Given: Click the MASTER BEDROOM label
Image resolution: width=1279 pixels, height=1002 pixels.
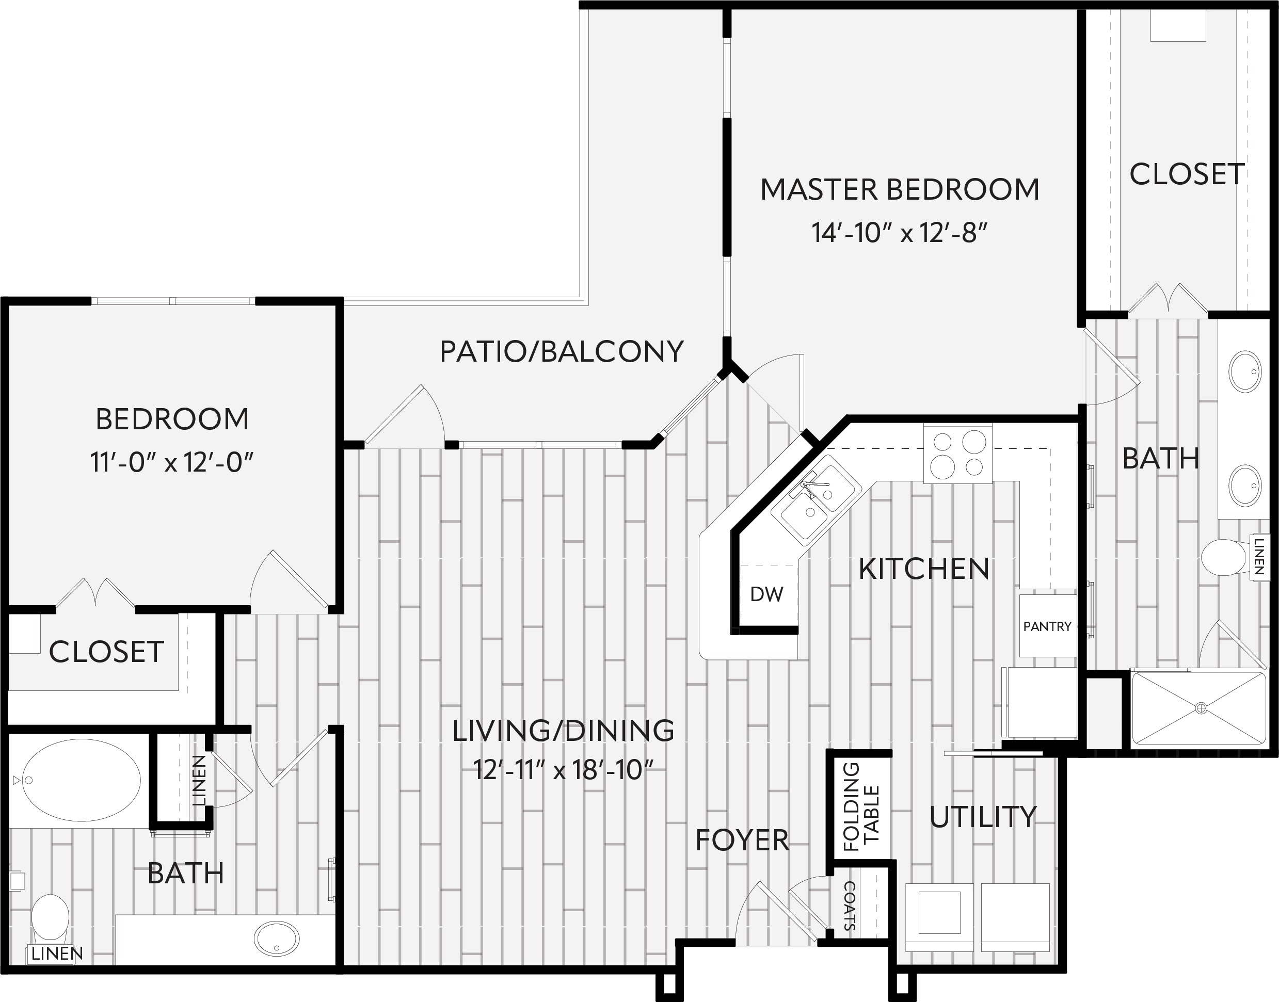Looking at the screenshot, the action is click(900, 189).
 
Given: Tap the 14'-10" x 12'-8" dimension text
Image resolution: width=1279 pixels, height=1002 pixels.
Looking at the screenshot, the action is click(900, 233).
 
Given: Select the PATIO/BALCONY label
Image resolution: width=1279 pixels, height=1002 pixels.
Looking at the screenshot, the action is click(562, 351).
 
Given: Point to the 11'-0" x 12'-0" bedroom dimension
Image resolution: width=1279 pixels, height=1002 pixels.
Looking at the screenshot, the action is click(171, 462).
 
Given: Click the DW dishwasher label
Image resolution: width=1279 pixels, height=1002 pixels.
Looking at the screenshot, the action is click(766, 594).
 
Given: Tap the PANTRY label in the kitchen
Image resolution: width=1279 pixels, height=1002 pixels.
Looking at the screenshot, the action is click(1047, 626).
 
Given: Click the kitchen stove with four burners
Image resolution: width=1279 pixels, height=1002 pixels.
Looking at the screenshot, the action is click(958, 455).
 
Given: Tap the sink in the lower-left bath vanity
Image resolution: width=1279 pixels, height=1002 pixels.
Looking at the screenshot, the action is click(276, 939).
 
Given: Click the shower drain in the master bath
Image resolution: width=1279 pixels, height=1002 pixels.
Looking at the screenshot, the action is click(1201, 708).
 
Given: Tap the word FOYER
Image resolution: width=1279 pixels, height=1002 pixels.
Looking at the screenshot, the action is click(742, 841).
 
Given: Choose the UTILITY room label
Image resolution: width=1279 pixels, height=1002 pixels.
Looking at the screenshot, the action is click(983, 817).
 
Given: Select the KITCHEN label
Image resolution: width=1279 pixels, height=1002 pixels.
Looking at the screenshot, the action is click(924, 569).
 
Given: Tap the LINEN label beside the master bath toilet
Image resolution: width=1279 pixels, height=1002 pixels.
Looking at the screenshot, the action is click(1258, 557).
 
